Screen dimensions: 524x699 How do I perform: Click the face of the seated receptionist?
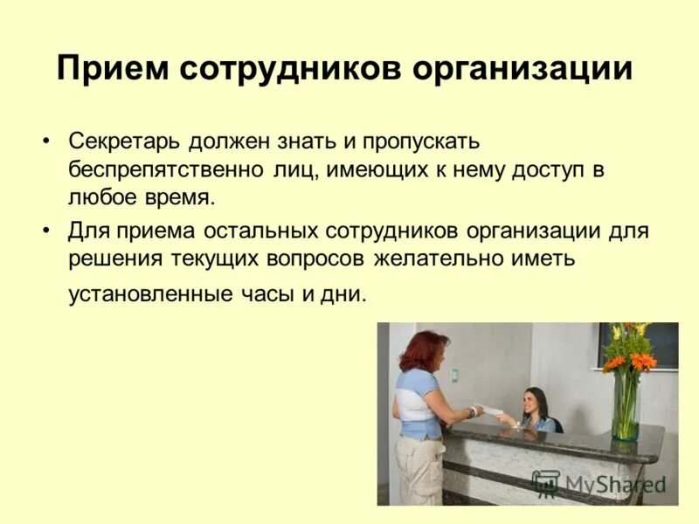click(x=532, y=402)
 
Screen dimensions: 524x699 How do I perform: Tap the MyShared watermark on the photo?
click(x=603, y=483)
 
